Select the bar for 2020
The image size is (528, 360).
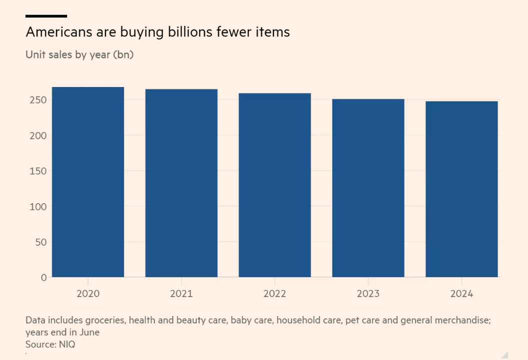tap(88, 182)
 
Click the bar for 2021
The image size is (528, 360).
tap(181, 183)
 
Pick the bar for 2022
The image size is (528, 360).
tap(274, 185)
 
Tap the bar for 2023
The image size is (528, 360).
tap(368, 188)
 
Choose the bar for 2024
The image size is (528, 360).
tap(461, 189)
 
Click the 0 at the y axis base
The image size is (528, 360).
tap(43, 277)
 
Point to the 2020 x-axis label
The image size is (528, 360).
tap(88, 293)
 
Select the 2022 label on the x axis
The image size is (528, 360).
tap(274, 293)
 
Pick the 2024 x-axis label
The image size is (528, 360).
tap(461, 293)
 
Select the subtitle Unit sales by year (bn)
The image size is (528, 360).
tap(79, 54)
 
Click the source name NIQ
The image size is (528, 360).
tap(67, 344)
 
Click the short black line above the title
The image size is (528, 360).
tap(46, 16)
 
